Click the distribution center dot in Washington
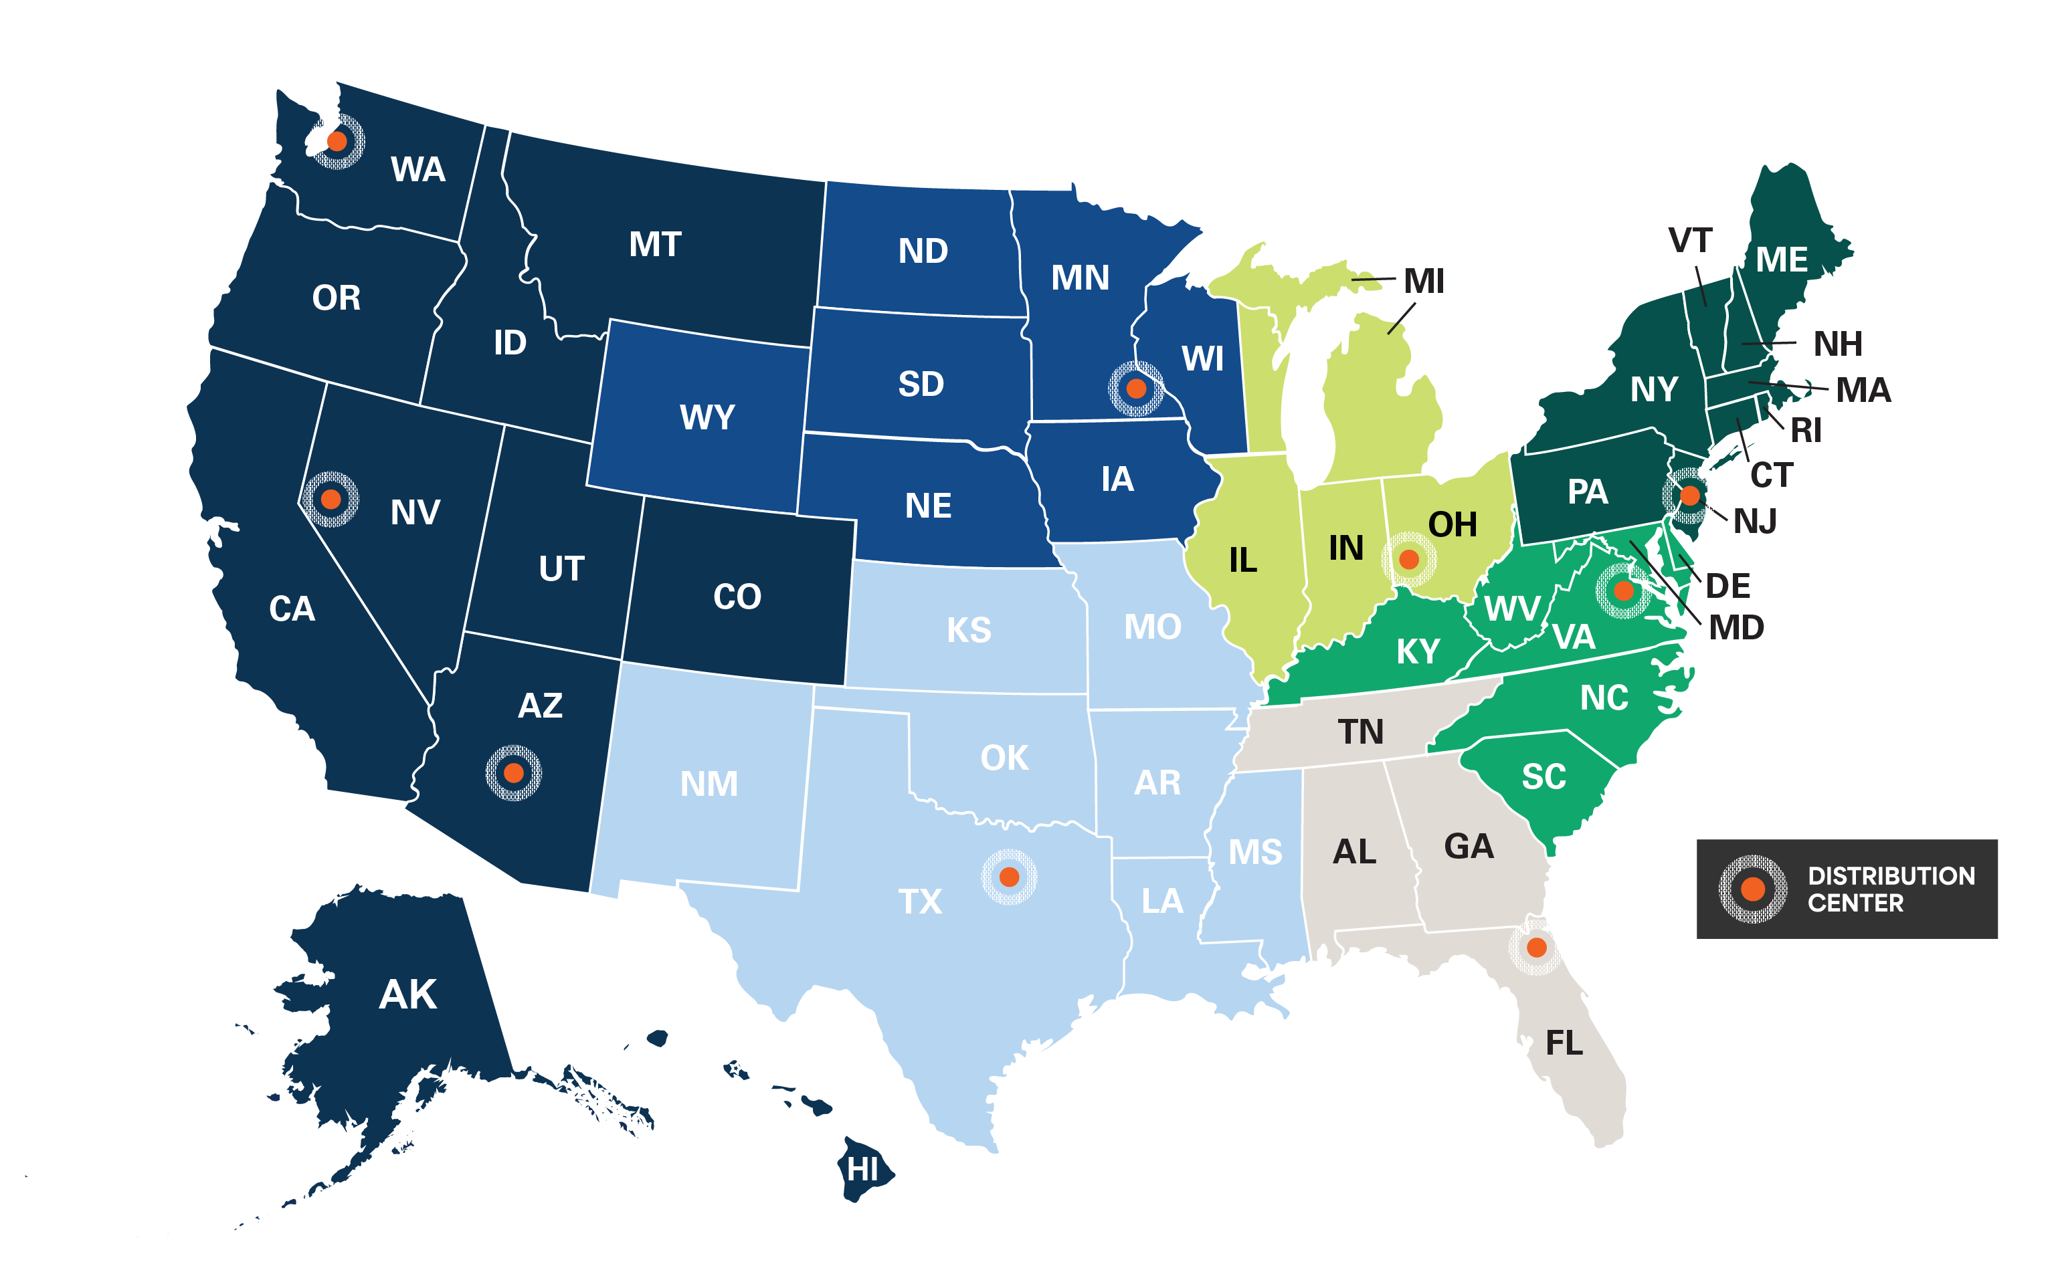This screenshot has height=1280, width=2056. click(337, 141)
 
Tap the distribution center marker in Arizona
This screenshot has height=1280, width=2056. click(513, 773)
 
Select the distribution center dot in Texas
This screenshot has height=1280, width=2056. click(1008, 876)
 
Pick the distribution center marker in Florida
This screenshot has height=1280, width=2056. click(1536, 948)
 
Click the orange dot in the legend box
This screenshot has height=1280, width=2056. click(1752, 889)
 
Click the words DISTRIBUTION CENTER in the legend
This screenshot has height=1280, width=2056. click(1890, 889)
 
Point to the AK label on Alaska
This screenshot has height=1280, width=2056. click(407, 994)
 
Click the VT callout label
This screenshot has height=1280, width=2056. click(1690, 241)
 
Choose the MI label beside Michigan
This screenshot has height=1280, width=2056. click(1424, 281)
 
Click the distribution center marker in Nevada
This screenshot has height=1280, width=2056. click(331, 500)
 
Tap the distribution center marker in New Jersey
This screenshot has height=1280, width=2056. click(1689, 496)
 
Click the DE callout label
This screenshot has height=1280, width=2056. click(1727, 586)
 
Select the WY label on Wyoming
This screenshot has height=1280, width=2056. click(707, 417)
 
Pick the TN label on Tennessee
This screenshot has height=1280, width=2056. click(1361, 732)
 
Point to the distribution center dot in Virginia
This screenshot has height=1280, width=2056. click(1623, 590)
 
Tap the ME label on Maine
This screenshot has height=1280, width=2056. click(1782, 260)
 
